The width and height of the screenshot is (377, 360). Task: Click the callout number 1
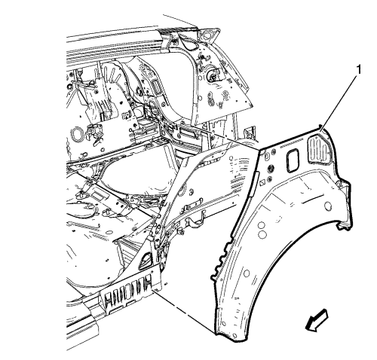359,69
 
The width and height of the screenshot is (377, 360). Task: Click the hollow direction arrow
317,320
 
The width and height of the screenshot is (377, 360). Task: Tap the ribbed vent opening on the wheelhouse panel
319,150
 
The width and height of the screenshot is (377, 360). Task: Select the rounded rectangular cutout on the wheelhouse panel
293,160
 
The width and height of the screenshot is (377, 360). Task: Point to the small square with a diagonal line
263,184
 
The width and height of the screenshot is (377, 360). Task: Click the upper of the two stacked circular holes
262,225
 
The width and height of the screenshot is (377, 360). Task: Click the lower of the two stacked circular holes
262,233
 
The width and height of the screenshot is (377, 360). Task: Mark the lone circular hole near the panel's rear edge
328,206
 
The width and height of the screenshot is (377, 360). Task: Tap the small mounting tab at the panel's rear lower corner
344,226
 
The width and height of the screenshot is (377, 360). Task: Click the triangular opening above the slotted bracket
146,261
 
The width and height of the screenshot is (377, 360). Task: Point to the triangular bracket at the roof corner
208,35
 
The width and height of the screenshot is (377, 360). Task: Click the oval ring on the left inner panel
77,133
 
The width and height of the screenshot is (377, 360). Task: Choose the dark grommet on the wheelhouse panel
271,168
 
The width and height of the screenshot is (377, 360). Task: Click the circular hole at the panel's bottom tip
234,336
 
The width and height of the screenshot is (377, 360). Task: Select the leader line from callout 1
339,103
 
